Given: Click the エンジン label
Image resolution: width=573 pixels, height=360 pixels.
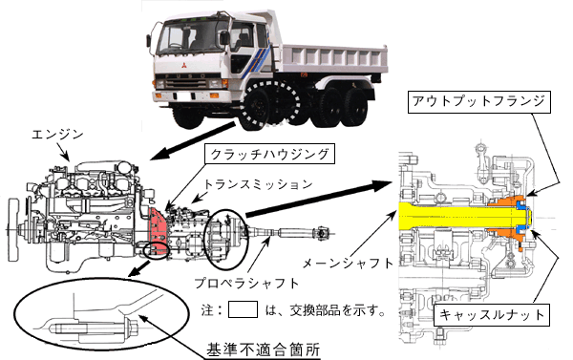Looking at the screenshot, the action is pos(57,135).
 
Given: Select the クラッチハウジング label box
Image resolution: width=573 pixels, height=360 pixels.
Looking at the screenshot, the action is pos(269,154).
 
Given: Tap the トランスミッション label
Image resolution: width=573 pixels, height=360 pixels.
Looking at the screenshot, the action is pos(259,184).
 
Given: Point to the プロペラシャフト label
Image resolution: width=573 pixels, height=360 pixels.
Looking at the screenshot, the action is pos(246,283).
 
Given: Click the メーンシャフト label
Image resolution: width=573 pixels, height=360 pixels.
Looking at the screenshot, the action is pos(348,263).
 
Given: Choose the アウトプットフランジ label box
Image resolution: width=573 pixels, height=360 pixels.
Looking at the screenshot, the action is pos(478,101).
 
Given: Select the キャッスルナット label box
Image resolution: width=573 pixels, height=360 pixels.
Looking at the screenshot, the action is pos(491,314).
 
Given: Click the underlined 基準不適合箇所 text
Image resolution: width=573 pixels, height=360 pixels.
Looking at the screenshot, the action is pos(264,349).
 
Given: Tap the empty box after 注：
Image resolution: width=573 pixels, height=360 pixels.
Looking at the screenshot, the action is pos(243,309).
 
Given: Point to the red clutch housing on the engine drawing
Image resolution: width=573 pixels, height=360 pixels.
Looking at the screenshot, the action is pos(159,229).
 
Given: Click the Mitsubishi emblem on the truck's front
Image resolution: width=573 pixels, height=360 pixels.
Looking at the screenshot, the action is pos(182,67).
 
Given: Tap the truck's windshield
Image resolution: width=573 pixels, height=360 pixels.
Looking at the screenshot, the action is pos(191,35).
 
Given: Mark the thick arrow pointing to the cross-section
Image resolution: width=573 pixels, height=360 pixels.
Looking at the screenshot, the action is pos(318,199).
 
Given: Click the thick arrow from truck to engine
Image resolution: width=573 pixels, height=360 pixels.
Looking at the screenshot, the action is pos(193,141).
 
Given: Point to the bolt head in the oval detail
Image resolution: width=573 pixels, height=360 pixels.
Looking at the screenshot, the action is pos(133,327).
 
